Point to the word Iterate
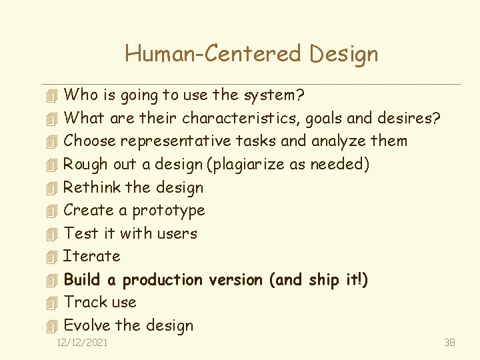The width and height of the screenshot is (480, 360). [91, 256]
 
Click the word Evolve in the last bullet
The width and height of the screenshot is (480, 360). [87, 325]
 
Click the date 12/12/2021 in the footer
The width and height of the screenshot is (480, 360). [83, 343]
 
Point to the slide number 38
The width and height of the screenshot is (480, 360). [449, 343]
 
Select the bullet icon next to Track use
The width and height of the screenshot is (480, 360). [53, 303]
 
